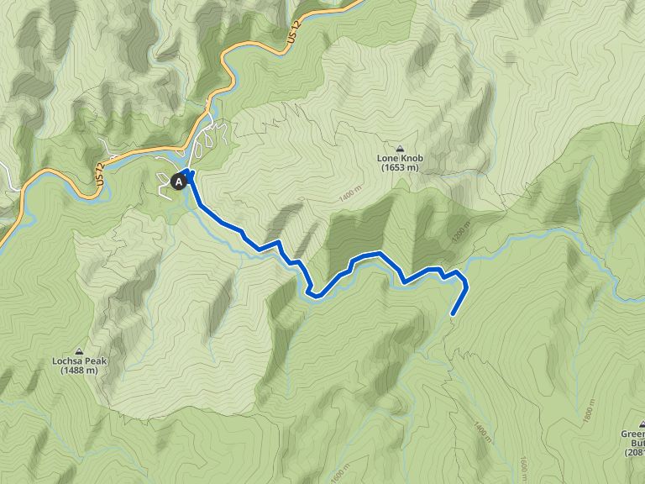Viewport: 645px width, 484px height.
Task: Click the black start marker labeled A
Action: pos(179,181)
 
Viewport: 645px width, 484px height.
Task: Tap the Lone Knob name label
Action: pos(399,157)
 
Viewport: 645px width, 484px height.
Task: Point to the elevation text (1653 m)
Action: pos(399,168)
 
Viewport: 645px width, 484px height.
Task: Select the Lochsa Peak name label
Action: pos(80,362)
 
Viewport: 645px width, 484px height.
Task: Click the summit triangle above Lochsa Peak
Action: pos(80,351)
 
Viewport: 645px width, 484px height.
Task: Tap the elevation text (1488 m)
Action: pos(80,372)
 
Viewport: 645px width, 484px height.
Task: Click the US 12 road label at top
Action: pos(292,36)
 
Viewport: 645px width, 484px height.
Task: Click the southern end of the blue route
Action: pos(453,314)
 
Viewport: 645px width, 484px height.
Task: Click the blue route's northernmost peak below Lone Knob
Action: pos(380,253)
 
